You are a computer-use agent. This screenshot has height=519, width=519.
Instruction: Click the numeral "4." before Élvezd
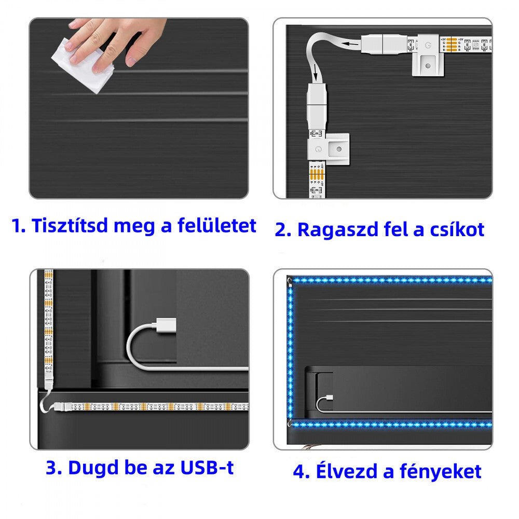click(x=301, y=472)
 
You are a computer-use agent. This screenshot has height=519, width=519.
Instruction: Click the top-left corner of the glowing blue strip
click(x=291, y=281)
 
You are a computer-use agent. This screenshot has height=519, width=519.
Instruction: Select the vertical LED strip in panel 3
click(x=49, y=327)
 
